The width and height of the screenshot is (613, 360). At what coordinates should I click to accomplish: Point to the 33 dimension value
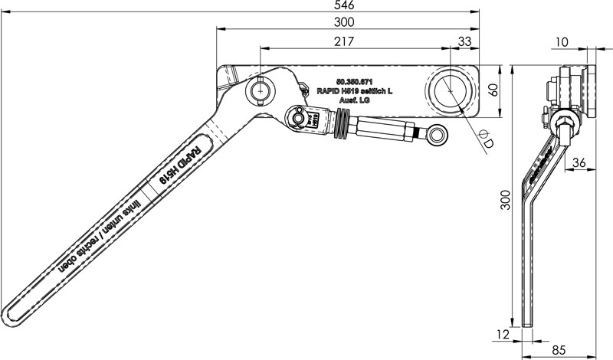pos(464,41)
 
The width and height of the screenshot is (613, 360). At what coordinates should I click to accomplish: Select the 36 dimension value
pos(580,162)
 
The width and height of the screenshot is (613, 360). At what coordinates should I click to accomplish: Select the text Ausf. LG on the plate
pos(355,99)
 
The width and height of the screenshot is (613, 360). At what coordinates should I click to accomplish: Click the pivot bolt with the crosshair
pos(260,90)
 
